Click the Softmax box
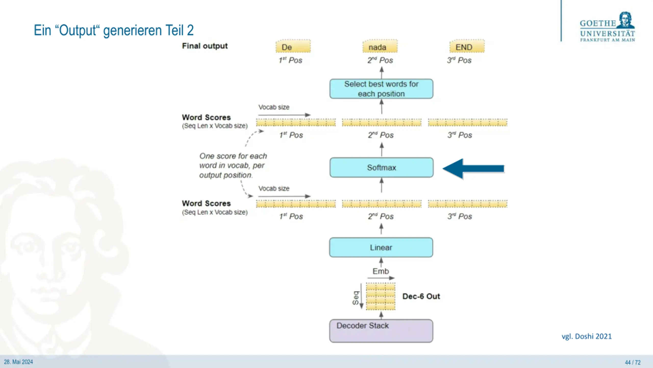coord(381,168)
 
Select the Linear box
coord(381,247)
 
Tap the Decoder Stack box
coord(381,331)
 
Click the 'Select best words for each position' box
coord(381,89)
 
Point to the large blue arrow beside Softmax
coord(473,169)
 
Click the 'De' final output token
coord(293,46)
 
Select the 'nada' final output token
coord(380,46)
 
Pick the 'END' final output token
coord(467,46)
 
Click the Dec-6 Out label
coord(421,296)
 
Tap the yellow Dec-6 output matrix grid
coord(381,296)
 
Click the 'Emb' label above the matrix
coord(381,271)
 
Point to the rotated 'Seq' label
coord(355,298)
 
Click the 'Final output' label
coord(205,46)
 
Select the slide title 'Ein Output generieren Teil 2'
coord(114,30)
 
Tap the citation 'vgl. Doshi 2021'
coord(586,336)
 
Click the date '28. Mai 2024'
coord(18,362)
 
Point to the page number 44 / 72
coord(633,362)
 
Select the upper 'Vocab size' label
coord(274,107)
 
